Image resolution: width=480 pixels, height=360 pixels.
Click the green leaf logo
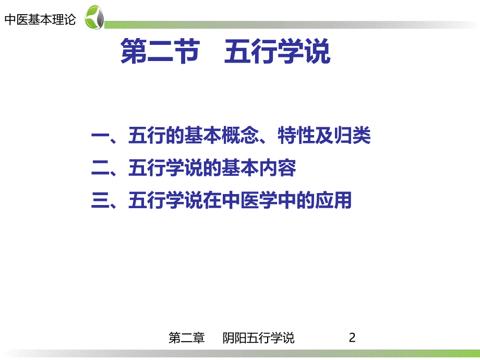tap(94, 17)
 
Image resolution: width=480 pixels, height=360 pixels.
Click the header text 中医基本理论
tap(40, 20)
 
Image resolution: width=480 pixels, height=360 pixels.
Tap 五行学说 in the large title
tap(278, 53)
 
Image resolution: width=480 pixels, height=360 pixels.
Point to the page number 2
tap(352, 338)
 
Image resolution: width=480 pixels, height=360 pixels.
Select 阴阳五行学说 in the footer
tap(258, 338)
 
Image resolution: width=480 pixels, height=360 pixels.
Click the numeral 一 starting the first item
tap(99, 137)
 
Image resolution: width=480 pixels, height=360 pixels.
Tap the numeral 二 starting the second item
tap(99, 169)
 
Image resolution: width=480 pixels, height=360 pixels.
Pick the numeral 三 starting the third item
tap(99, 200)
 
